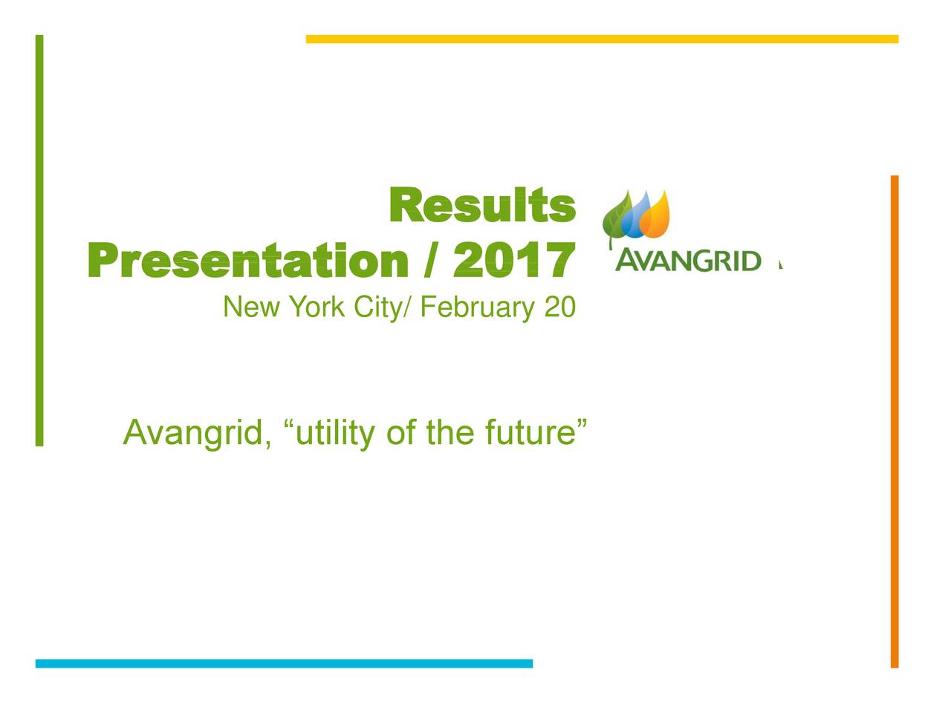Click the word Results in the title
482,205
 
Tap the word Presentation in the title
248,260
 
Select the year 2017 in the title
514,260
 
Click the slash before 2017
430,260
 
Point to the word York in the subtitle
317,307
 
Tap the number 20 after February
560,307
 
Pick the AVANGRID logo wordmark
688,261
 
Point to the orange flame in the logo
655,215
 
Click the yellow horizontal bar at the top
603,39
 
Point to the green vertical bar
39,240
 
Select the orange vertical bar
895,421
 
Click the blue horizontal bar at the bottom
285,663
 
